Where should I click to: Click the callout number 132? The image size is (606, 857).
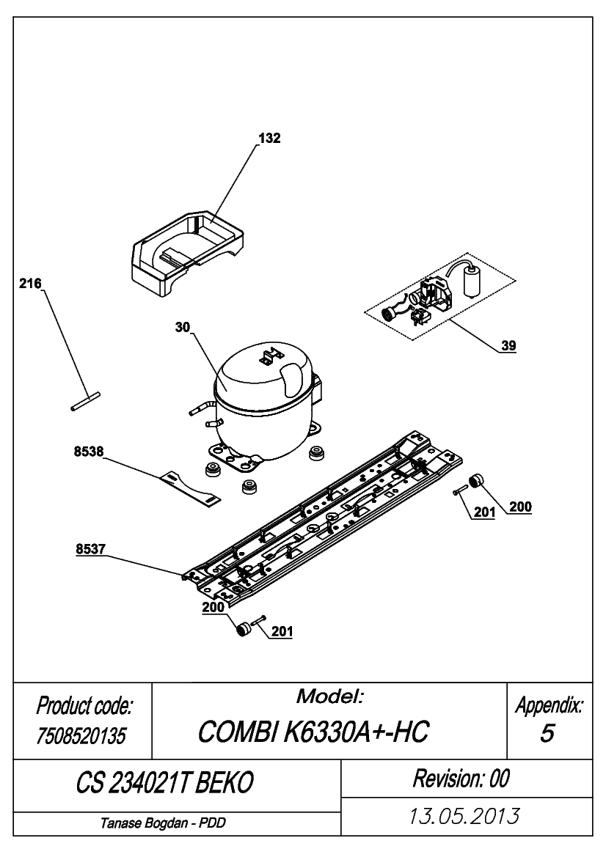[x=269, y=139]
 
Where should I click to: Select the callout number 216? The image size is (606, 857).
[x=30, y=284]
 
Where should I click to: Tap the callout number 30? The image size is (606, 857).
[x=183, y=328]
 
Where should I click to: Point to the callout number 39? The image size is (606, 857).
[x=508, y=345]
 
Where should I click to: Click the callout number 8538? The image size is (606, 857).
[x=89, y=452]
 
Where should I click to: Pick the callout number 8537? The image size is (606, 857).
[x=91, y=549]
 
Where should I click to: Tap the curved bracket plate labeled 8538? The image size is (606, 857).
[x=190, y=488]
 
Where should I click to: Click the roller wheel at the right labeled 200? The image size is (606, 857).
[x=478, y=480]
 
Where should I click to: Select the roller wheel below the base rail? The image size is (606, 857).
[x=242, y=628]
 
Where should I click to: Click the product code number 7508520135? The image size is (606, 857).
[x=81, y=735]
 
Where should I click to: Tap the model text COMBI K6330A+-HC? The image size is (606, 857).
[x=313, y=732]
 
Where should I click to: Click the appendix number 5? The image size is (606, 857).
[x=547, y=734]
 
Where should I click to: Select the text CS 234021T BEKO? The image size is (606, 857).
[x=164, y=783]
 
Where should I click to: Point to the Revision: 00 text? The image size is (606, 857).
[x=461, y=779]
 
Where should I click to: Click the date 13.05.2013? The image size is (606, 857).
[x=464, y=816]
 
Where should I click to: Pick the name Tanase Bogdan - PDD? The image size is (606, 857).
[x=163, y=823]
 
